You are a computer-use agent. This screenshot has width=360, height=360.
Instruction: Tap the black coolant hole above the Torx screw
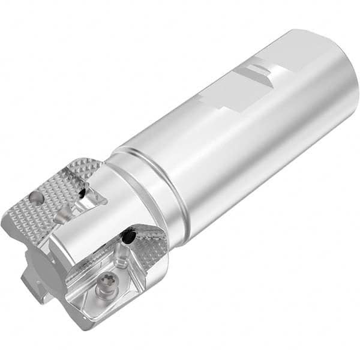127,238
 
